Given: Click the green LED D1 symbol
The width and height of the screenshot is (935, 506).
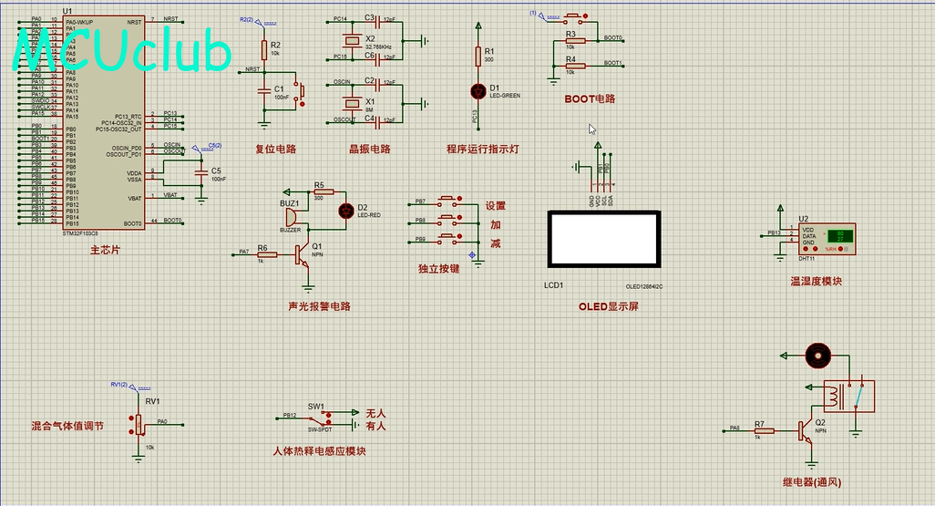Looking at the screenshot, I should [x=478, y=91].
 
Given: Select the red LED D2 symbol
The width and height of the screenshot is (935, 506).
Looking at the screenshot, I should [x=345, y=211].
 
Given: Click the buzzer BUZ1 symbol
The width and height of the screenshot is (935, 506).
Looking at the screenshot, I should [x=290, y=218].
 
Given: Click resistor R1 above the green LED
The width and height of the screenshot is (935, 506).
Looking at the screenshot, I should [x=478, y=57].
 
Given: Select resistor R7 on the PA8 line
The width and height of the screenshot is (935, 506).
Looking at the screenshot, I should [x=759, y=429].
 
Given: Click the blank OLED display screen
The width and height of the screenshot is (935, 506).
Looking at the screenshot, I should [x=602, y=241].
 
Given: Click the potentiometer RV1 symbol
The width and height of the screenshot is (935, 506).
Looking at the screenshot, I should [x=139, y=424].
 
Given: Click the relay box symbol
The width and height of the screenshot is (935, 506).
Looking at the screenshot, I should [x=848, y=397].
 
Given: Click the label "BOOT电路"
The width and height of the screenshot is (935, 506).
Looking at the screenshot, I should [x=590, y=98].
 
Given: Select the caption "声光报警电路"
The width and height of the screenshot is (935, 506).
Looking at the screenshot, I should [x=319, y=306].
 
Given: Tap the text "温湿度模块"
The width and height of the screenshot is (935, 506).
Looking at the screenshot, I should [x=817, y=282].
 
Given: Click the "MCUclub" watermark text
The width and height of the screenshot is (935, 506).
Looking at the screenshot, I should [x=124, y=51].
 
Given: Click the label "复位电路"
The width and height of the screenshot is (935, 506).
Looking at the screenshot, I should [x=275, y=149].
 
